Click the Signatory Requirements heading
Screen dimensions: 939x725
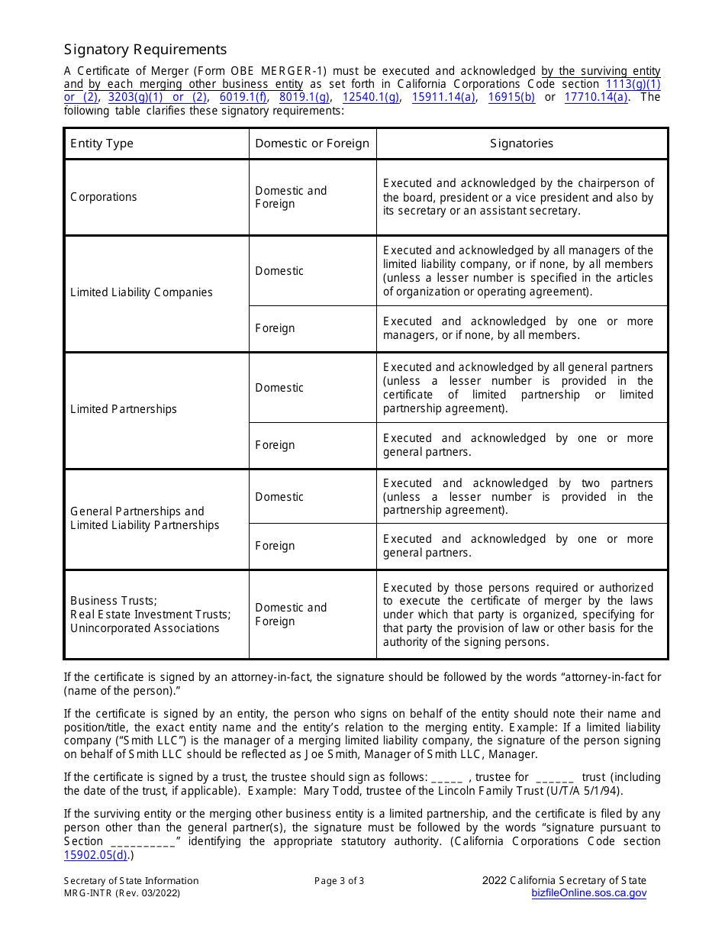(145, 50)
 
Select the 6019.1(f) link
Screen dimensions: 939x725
(243, 97)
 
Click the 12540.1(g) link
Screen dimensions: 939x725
(371, 97)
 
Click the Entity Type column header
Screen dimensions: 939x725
(101, 144)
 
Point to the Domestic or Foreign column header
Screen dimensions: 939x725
(312, 144)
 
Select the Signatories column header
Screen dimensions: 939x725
(522, 144)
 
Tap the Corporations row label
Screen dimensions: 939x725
(104, 197)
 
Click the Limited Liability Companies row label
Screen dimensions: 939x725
(141, 292)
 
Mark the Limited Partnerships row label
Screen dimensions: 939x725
(124, 409)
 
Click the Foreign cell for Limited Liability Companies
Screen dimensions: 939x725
(275, 328)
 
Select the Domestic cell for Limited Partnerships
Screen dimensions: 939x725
(279, 388)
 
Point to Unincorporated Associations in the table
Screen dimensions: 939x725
(145, 628)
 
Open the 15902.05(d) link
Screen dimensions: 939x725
(95, 855)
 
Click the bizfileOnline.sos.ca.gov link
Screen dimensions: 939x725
(588, 893)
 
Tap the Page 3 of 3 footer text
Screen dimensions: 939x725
(339, 880)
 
